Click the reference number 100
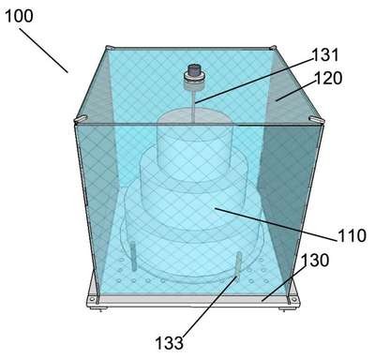[x=19, y=16]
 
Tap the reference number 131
[x=325, y=55]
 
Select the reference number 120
[x=328, y=78]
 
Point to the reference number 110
[x=352, y=235]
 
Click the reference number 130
[x=315, y=260]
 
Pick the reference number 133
[x=170, y=343]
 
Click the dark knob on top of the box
[x=194, y=71]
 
